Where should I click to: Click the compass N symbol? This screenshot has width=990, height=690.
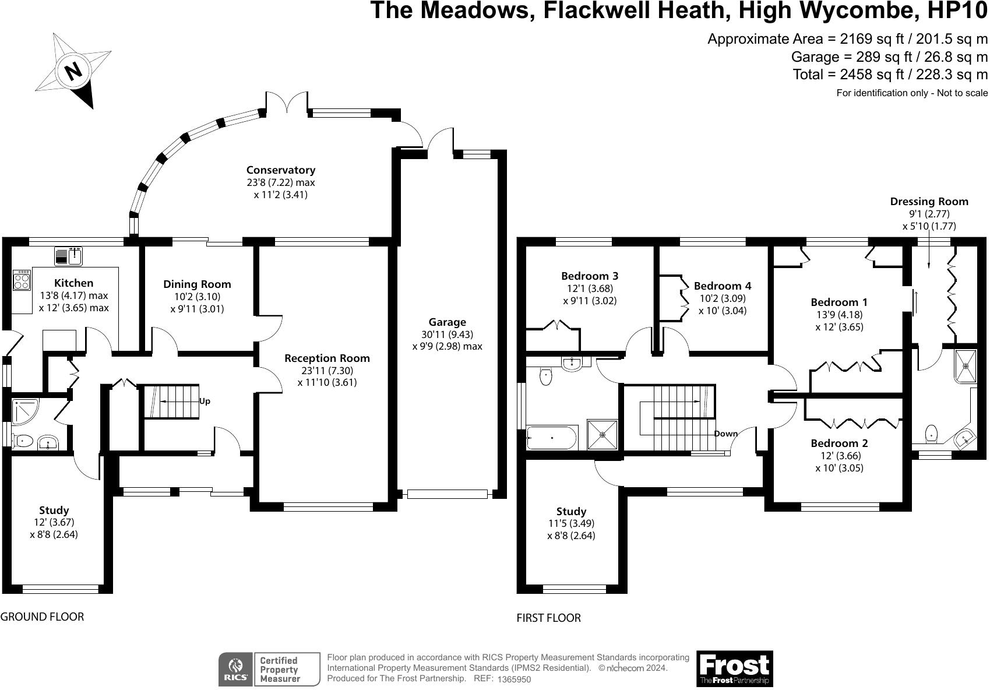point(73,71)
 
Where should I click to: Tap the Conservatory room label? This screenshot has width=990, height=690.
point(280,170)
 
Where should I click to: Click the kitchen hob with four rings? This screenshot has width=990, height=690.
point(22,281)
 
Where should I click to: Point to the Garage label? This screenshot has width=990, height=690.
point(447,322)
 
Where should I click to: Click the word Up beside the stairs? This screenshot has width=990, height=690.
point(205,401)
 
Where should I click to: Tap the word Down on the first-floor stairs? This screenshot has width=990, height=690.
point(725,434)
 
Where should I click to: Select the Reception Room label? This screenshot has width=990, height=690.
point(327,358)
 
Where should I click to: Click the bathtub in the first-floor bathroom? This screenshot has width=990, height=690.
point(551,437)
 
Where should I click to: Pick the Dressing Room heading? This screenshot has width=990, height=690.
point(929,202)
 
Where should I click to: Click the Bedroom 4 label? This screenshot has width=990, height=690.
point(723,286)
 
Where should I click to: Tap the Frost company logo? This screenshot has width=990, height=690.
point(734,668)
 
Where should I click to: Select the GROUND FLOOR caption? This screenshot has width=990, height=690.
point(42,617)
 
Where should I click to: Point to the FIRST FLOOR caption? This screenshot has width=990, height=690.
point(548,618)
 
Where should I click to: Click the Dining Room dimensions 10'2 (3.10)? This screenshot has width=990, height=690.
point(196,297)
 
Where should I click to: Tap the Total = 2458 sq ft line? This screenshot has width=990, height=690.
point(890,75)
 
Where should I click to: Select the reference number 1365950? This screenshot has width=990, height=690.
point(514,680)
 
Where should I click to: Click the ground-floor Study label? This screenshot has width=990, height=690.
point(54,511)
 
